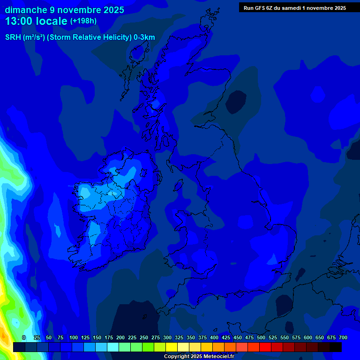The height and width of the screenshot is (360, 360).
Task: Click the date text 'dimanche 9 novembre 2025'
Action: (64, 10)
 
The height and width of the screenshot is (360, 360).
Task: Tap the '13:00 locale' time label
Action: (37, 21)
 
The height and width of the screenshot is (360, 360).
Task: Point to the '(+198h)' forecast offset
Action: (83, 21)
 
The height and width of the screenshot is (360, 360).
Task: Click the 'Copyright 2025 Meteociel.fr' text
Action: (199, 357)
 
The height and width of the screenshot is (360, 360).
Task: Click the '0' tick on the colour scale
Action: (24, 337)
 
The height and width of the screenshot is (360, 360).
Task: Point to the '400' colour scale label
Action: (214, 337)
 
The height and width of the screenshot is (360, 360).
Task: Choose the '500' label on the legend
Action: (261, 337)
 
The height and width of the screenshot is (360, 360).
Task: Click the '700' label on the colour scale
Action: (343, 337)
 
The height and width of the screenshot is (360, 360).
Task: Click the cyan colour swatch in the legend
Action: (113, 347)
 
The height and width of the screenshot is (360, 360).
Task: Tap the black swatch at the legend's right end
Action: (336, 347)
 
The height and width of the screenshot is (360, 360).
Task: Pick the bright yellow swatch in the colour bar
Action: (172, 347)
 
